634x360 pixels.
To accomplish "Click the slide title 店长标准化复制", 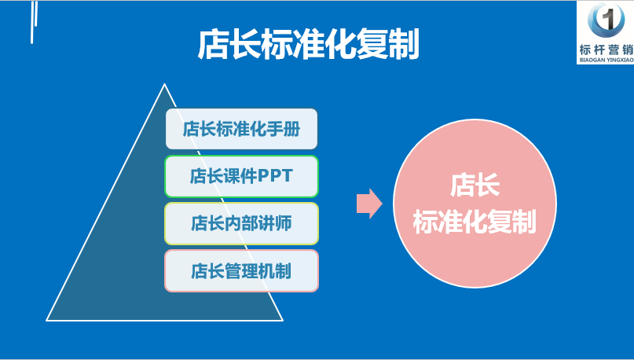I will (x=307, y=45).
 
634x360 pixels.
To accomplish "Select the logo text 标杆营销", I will (x=605, y=49).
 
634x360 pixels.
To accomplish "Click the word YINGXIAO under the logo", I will (x=618, y=59).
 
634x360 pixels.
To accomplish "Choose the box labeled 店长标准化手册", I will (x=241, y=129).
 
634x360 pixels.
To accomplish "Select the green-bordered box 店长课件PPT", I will (x=241, y=176).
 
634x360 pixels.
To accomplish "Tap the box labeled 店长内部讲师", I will (x=241, y=223).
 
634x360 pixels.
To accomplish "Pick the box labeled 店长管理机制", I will (x=241, y=271).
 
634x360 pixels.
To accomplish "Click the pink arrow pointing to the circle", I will (x=368, y=204).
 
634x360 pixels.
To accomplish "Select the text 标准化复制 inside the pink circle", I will (x=474, y=222).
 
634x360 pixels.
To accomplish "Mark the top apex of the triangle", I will (x=163, y=85).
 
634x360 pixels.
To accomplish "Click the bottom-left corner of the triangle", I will (x=47, y=320).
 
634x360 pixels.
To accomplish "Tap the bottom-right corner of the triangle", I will (x=281, y=320).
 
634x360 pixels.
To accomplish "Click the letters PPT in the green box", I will (x=276, y=176).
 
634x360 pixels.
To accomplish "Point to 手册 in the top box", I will (x=284, y=129).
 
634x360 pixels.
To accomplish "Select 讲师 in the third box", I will (x=276, y=223).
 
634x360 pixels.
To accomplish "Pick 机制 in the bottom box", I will (x=276, y=271).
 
